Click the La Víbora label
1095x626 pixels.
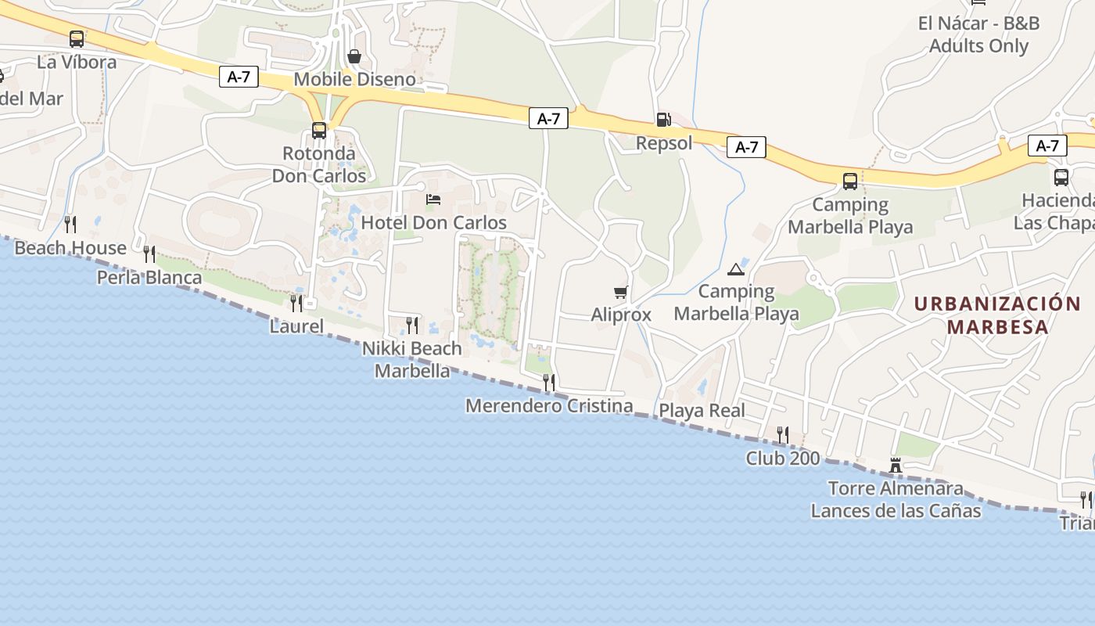click(x=77, y=62)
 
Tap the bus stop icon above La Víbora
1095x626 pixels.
click(x=76, y=38)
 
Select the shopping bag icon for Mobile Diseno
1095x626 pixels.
click(x=354, y=56)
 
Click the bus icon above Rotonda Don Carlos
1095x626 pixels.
click(x=319, y=130)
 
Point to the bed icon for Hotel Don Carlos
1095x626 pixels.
click(x=433, y=199)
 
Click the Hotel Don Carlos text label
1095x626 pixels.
click(x=434, y=222)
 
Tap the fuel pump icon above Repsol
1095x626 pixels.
click(x=663, y=120)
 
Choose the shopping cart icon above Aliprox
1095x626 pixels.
click(x=621, y=292)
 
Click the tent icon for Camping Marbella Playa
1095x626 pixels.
click(x=735, y=269)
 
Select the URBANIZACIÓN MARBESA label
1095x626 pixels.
click(x=997, y=315)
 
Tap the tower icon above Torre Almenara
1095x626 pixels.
click(x=896, y=466)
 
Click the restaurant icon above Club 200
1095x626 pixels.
click(x=782, y=434)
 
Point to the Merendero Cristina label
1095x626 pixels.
click(x=549, y=406)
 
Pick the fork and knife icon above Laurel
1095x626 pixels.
click(x=296, y=303)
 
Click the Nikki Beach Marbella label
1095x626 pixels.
click(x=412, y=359)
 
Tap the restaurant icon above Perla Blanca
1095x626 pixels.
click(x=149, y=254)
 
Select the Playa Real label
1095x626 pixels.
click(x=702, y=411)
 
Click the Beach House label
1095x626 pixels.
click(x=70, y=248)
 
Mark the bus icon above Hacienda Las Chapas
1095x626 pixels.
click(x=1061, y=177)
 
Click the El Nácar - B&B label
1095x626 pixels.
click(x=978, y=23)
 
